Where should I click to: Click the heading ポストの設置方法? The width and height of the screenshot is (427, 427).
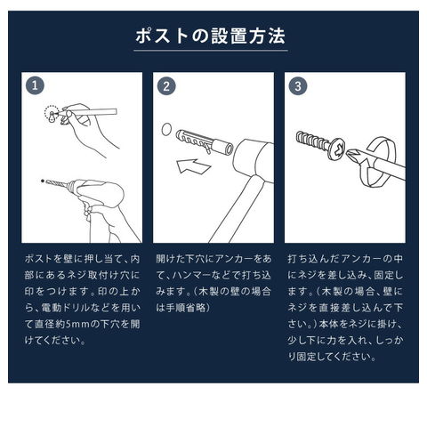click(210, 36)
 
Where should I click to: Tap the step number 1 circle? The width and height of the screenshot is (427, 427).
click(35, 86)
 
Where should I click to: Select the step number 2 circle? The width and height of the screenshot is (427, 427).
click(166, 86)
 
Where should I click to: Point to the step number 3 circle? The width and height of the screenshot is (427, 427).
click(298, 86)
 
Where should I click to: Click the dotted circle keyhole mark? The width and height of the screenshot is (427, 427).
click(52, 114)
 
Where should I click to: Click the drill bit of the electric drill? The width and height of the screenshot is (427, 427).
click(56, 184)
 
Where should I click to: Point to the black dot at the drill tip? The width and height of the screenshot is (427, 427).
click(43, 181)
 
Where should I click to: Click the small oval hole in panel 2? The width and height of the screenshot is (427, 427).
click(166, 130)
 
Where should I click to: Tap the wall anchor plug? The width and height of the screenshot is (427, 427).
click(204, 142)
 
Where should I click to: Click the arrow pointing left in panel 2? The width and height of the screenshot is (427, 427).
click(193, 166)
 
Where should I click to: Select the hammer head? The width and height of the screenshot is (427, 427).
click(254, 160)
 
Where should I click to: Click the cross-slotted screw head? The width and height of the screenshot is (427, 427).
click(338, 149)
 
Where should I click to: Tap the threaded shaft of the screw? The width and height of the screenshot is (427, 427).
click(313, 141)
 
